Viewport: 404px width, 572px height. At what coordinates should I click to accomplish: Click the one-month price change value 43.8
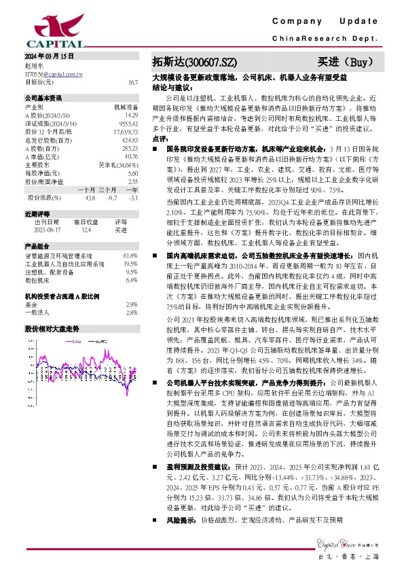click(x=90, y=198)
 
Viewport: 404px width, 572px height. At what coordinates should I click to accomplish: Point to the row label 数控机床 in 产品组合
click(x=38, y=280)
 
